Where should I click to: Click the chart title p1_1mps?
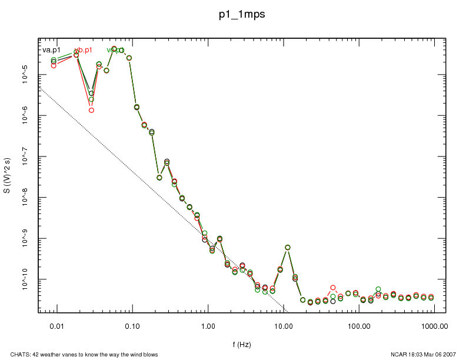click(x=241, y=15)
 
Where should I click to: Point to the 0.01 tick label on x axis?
click(x=56, y=325)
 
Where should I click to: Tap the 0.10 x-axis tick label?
click(x=132, y=325)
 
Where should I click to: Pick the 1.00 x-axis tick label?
click(x=208, y=325)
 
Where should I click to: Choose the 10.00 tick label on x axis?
click(x=284, y=325)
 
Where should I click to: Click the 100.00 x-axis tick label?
click(x=359, y=325)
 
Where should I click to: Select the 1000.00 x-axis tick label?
click(x=434, y=325)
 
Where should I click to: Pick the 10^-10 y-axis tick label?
click(x=28, y=281)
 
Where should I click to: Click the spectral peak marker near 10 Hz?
click(x=288, y=248)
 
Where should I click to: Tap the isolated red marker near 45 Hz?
click(x=333, y=288)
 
